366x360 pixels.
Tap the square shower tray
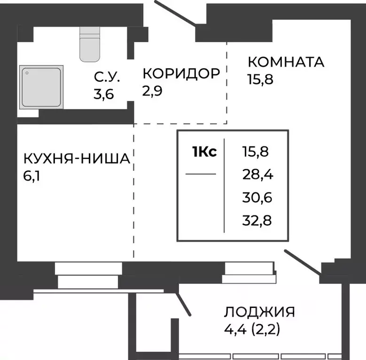pos(41,85)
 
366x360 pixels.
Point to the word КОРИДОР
pos(181,74)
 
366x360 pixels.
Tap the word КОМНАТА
pos(286,61)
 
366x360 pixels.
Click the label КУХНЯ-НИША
pos(77,160)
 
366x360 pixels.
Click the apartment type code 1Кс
pos(204,152)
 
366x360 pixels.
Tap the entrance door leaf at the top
pos(174,12)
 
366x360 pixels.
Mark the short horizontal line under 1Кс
pos(201,174)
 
